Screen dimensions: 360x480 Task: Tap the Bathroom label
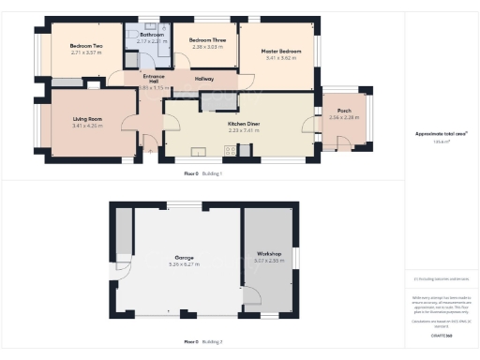[151, 35]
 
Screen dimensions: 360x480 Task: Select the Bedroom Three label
[206, 39]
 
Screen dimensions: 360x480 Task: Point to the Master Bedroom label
[279, 51]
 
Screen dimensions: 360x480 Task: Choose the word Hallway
[204, 79]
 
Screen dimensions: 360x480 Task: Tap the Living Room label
[87, 119]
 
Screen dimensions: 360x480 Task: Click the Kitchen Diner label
[243, 124]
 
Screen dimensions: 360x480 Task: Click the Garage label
[185, 257]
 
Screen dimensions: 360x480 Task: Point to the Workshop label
[267, 253]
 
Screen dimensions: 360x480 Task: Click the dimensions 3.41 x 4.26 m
[87, 126]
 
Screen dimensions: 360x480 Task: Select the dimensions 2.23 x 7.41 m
[243, 130]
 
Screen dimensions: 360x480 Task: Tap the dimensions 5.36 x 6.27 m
[185, 264]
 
